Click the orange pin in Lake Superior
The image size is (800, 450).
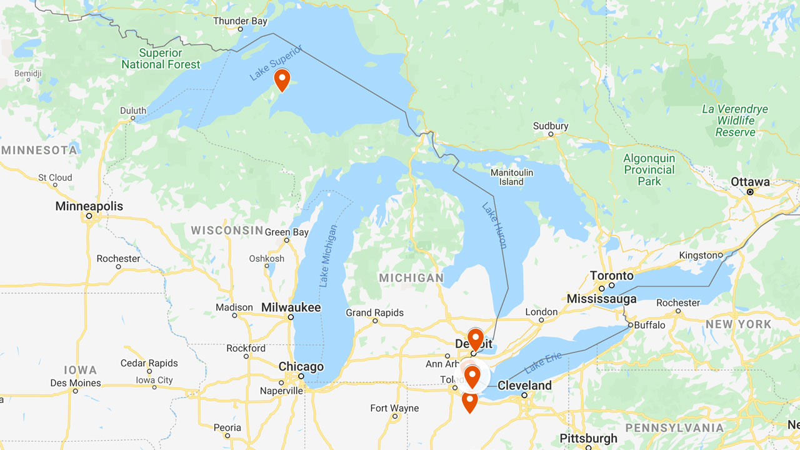(282, 79)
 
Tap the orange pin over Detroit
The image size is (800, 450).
(475, 339)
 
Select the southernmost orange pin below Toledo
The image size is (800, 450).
(469, 401)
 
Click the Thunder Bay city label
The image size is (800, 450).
(240, 21)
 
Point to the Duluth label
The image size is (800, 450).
(133, 111)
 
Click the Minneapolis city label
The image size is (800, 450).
(89, 206)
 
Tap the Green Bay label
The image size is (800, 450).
(287, 232)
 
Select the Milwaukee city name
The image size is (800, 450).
(291, 307)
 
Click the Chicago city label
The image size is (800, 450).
(301, 367)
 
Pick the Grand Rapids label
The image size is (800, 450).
(375, 312)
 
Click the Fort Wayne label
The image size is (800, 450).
(394, 408)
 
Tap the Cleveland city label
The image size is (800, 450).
(524, 386)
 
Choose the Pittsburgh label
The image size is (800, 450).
(588, 439)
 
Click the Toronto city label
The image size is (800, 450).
(611, 276)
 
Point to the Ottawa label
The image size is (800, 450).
(750, 182)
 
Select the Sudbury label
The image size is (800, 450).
(551, 126)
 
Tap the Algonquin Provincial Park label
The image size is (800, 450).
(649, 169)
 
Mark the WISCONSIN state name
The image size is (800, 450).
(227, 231)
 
